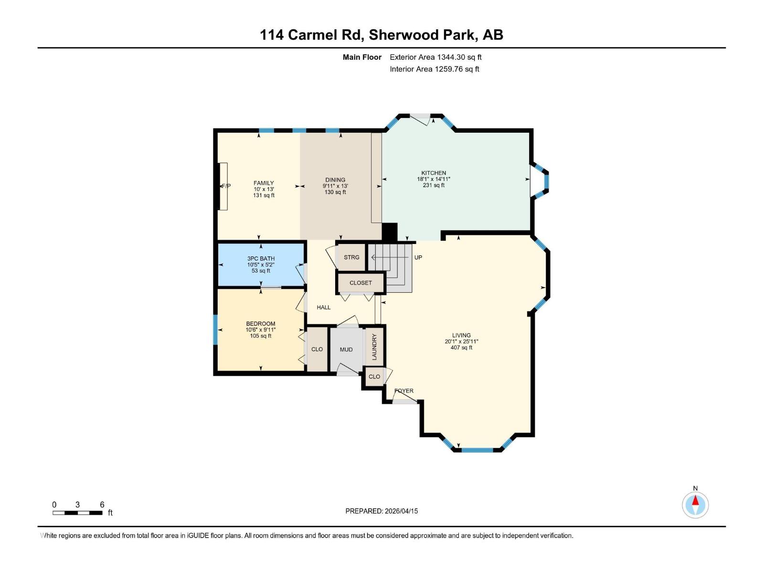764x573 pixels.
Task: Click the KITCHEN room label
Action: [x=434, y=173]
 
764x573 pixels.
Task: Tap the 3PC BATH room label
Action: [x=261, y=258]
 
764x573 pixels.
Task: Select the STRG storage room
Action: [x=351, y=257]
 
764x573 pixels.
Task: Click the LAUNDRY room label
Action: [x=374, y=347]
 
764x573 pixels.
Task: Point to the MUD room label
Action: [x=346, y=350]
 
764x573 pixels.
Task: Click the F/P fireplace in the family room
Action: [x=223, y=186]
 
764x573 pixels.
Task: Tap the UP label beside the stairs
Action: [x=418, y=257]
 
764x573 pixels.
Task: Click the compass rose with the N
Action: [x=695, y=505]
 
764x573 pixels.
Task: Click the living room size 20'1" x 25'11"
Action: [x=461, y=341]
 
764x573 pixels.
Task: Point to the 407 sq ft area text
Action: [x=461, y=348]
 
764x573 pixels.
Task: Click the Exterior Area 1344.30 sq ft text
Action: [x=435, y=57]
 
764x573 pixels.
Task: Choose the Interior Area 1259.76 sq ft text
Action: [x=434, y=69]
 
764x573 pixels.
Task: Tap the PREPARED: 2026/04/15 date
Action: [x=382, y=511]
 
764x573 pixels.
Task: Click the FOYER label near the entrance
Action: [x=404, y=391]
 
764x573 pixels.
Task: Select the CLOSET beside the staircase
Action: [x=361, y=283]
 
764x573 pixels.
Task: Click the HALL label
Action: [x=324, y=308]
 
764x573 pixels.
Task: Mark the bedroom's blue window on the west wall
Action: [x=215, y=329]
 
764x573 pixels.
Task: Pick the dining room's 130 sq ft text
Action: [x=335, y=192]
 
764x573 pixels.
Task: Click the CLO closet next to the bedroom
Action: [x=317, y=349]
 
